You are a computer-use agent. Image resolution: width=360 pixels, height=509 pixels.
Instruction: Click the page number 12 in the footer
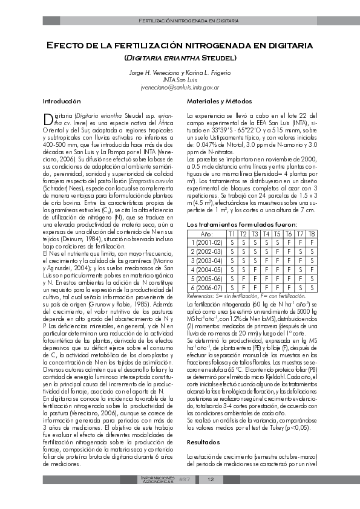point(211,480)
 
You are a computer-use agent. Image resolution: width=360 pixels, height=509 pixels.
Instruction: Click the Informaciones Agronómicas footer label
point(158,480)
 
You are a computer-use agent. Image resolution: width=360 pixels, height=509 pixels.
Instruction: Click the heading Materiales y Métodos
point(214,101)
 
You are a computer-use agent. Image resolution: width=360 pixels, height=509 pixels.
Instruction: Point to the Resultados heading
point(203,443)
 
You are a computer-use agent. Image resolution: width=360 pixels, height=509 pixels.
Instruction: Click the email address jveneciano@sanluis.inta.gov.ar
point(180,87)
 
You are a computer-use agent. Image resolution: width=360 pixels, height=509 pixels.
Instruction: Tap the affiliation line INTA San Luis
point(180,80)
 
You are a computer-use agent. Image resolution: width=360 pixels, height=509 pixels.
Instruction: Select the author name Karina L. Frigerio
point(206,73)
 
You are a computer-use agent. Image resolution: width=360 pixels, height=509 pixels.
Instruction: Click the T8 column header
point(312,233)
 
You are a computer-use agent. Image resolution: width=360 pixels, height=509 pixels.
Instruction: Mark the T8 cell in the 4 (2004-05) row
point(312,270)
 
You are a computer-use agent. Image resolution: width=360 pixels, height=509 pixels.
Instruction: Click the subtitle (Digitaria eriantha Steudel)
point(180,58)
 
